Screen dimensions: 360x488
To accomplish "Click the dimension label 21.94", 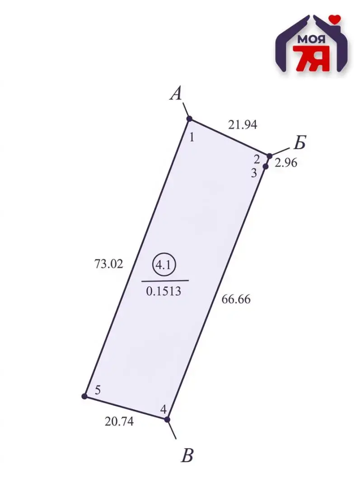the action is tap(243, 125).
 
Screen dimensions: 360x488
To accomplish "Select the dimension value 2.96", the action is tap(286, 163).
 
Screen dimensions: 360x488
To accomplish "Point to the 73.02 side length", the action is tap(108, 264).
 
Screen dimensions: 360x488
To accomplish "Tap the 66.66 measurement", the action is tap(236, 300).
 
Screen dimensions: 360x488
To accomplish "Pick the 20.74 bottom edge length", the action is tap(119, 422).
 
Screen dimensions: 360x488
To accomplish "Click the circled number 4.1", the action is tap(164, 265).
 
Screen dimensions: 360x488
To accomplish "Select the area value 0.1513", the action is tap(164, 291).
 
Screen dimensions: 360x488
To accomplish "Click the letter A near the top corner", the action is tap(176, 93).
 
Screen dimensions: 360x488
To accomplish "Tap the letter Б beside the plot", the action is tap(299, 142).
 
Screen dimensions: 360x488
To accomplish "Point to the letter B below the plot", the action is tap(187, 455).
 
